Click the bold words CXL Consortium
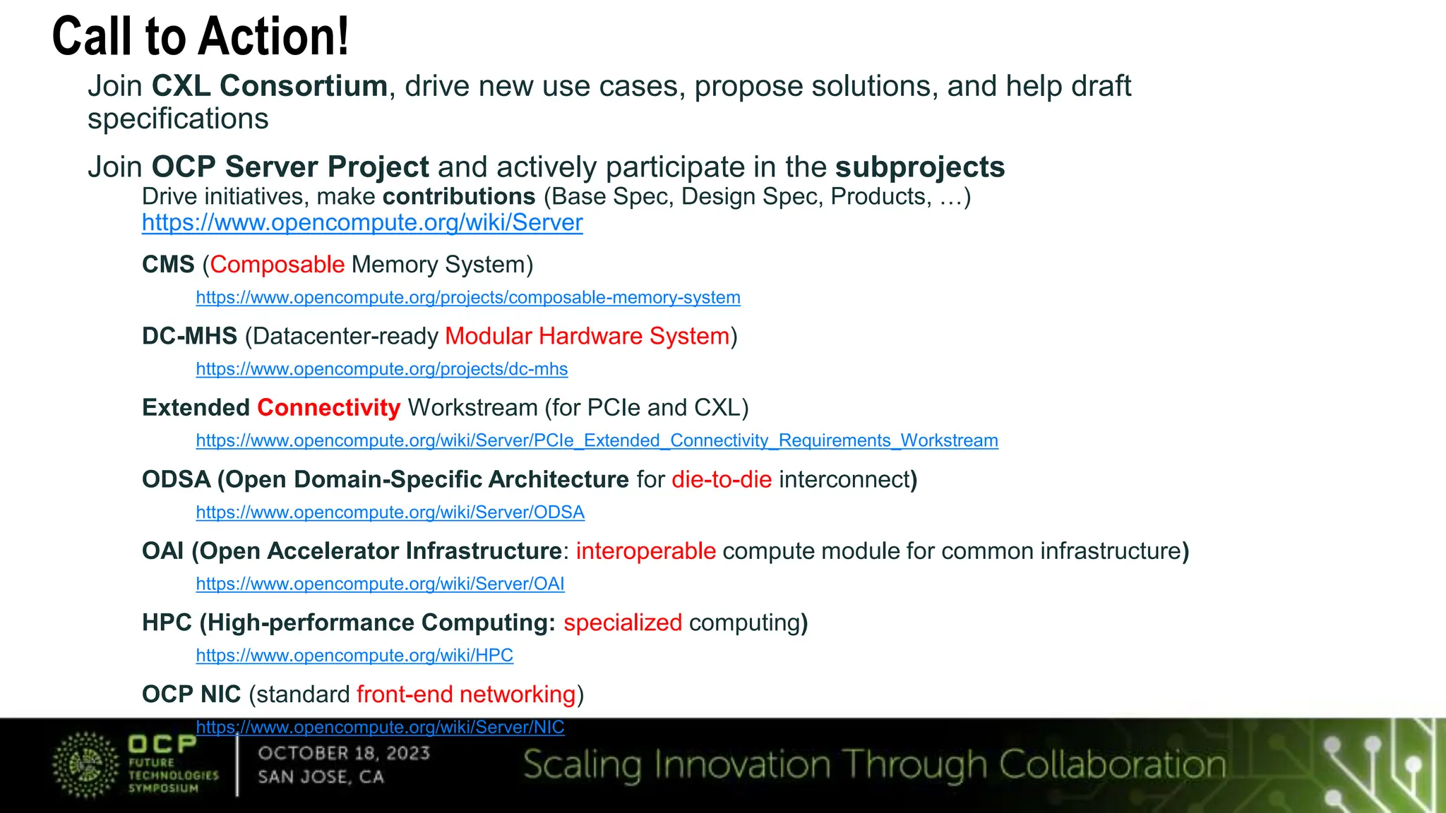[269, 86]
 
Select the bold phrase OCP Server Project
[290, 167]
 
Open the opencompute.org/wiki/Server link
[362, 223]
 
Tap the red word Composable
[277, 265]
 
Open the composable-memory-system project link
[468, 298]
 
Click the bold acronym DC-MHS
[189, 336]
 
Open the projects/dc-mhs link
[381, 369]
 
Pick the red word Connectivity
[328, 408]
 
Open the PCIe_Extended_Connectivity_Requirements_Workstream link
[597, 441]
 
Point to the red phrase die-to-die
[722, 480]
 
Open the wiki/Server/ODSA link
[390, 512]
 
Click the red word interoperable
[645, 551]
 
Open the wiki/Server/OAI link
[380, 584]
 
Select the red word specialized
[622, 623]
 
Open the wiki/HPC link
[354, 656]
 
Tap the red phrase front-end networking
[466, 694]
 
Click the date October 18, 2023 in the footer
[344, 754]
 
